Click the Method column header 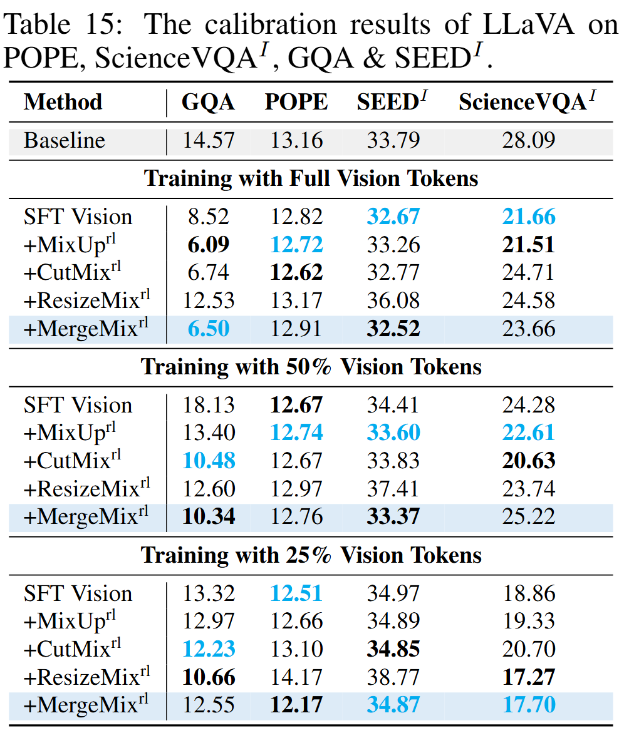63,102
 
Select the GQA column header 208,102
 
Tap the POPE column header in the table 296,102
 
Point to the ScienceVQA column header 528,101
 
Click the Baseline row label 64,140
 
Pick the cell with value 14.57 209,140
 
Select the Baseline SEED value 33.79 393,140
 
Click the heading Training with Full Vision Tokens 311,178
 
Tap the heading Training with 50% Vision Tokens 311,366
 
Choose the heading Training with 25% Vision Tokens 311,555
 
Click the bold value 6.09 209,244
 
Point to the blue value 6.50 209,328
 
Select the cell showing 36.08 393,300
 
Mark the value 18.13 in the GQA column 209,404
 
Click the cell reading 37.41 393,488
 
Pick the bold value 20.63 528,461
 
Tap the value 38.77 393,677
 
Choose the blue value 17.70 528,705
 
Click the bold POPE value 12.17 296,705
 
